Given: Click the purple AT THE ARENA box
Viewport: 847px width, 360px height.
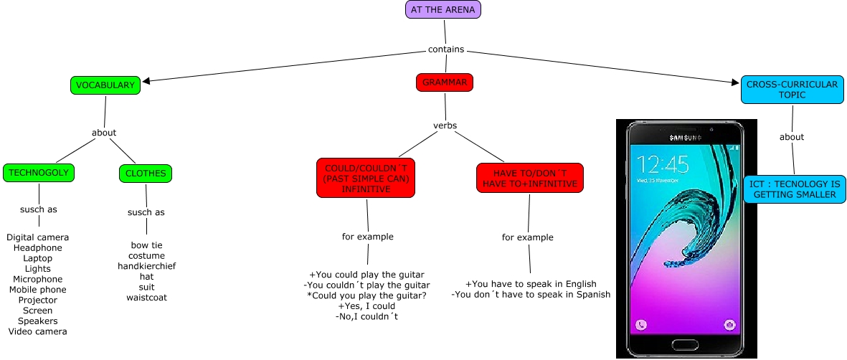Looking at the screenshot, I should coord(443,9).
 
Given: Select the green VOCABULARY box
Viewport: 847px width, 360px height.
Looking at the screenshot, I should coord(105,85).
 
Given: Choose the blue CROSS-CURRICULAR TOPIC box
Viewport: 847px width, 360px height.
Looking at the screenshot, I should coord(792,90).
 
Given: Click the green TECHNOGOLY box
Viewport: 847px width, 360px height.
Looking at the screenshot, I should coord(39,173).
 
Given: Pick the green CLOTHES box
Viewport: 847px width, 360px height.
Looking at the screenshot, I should coord(146,173).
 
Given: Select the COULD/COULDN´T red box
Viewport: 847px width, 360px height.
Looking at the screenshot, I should coord(366,178).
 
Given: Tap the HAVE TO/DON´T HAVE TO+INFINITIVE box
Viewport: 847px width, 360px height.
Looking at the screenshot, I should coord(529,178).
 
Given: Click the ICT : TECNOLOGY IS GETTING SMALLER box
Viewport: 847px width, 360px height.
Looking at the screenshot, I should coord(793,189).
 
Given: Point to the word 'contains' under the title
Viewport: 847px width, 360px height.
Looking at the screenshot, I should coord(445,49).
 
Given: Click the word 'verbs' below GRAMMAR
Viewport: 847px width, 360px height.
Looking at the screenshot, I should coord(445,125).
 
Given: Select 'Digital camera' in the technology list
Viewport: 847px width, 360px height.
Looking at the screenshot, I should coord(37,237).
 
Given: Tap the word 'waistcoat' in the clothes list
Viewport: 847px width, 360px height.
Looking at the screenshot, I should coord(146,297).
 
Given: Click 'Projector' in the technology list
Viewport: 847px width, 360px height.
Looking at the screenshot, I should coord(37,300).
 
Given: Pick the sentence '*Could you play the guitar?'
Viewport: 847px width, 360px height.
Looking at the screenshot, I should coord(366,295).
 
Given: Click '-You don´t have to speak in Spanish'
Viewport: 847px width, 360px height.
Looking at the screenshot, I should coord(531,294).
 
